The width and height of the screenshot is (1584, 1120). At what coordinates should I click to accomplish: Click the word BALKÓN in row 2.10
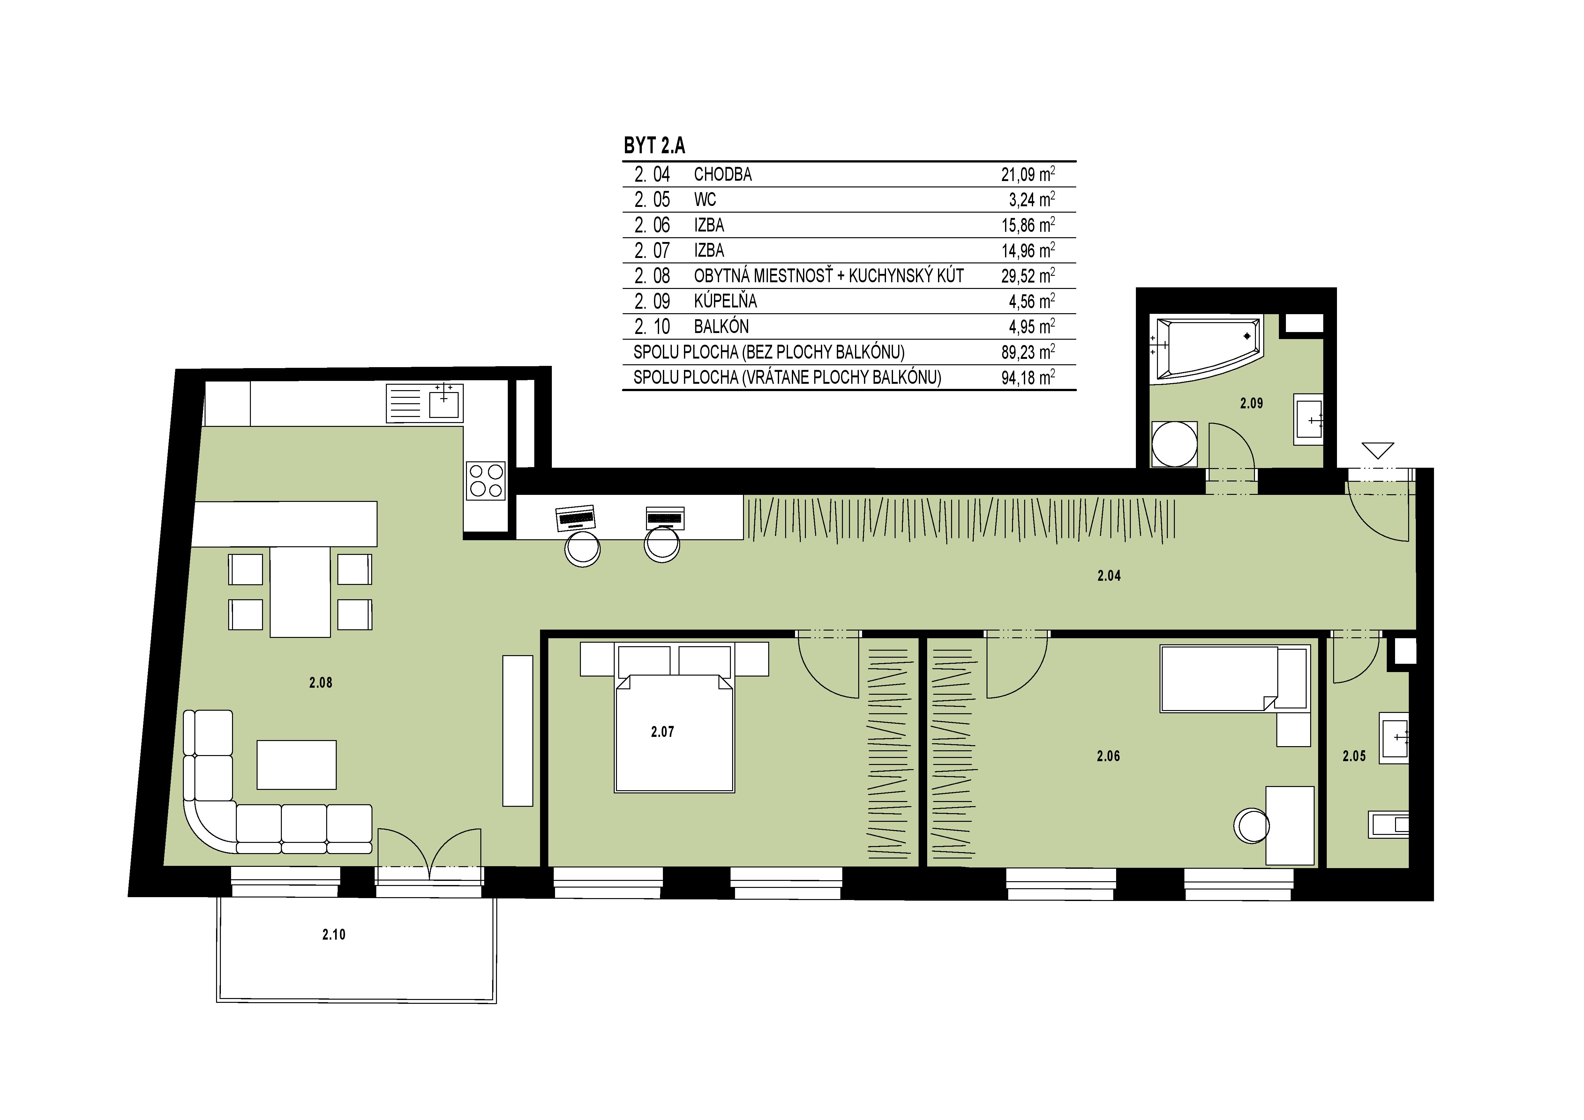point(721,326)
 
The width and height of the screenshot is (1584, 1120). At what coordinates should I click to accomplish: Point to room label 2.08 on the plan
point(321,683)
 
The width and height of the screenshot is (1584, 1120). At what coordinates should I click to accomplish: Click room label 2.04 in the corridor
point(1109,576)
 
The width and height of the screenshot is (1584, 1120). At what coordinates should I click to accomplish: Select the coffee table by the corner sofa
point(297,765)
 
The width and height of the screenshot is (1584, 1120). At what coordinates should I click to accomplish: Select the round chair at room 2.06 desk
point(1251,825)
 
